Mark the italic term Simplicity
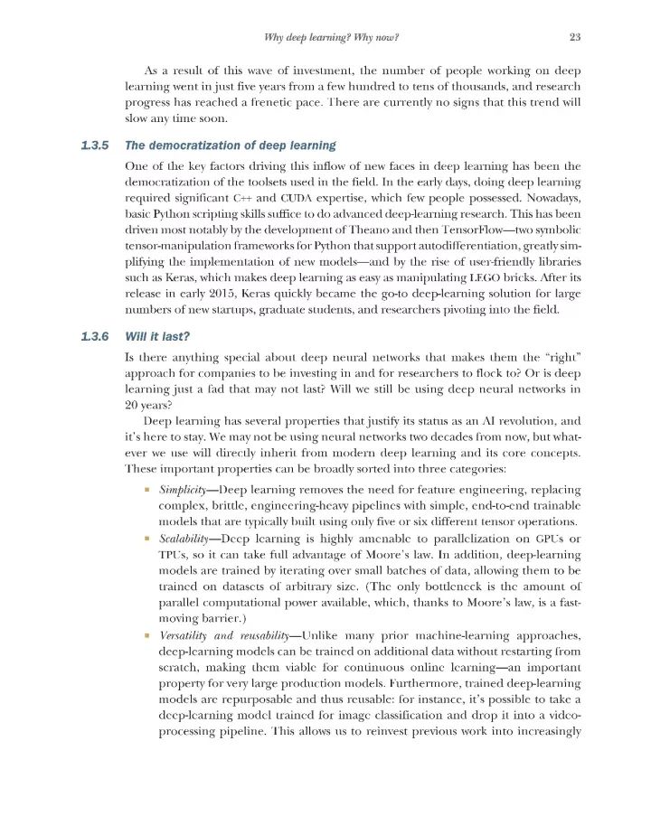point(184,488)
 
